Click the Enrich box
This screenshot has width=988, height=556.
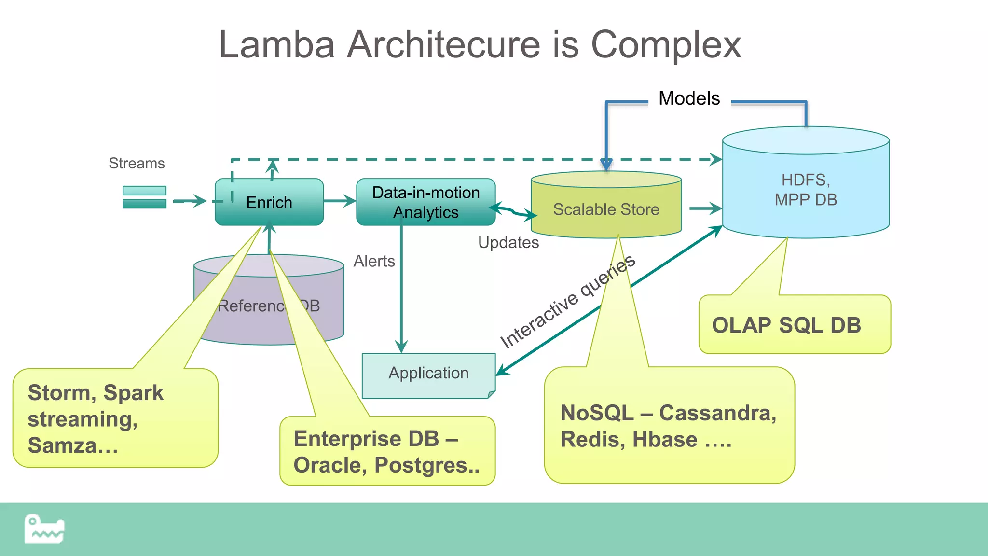pyautogui.click(x=269, y=202)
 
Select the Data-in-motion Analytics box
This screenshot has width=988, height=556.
pyautogui.click(x=425, y=202)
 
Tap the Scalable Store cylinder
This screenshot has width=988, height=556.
pyautogui.click(x=606, y=209)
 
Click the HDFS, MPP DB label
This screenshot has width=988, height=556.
pyautogui.click(x=805, y=190)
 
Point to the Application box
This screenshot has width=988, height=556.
pyautogui.click(x=428, y=374)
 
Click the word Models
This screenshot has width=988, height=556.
pyautogui.click(x=689, y=98)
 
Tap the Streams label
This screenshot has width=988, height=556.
pyautogui.click(x=137, y=163)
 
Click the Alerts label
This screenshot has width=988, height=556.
pyautogui.click(x=374, y=261)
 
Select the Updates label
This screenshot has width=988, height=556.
pyautogui.click(x=508, y=242)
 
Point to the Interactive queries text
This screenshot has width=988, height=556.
pyautogui.click(x=567, y=301)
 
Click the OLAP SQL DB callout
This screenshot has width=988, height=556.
pyautogui.click(x=786, y=325)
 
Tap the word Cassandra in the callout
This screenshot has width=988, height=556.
pyautogui.click(x=717, y=413)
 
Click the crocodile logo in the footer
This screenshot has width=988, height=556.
pyautogui.click(x=44, y=529)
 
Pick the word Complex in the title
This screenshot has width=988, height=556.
pyautogui.click(x=666, y=44)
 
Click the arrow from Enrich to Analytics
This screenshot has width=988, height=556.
pyautogui.click(x=340, y=201)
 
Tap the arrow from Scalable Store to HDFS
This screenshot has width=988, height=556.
pyautogui.click(x=705, y=208)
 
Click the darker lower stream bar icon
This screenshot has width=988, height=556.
pyautogui.click(x=144, y=204)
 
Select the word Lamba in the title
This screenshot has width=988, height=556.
pyautogui.click(x=276, y=44)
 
